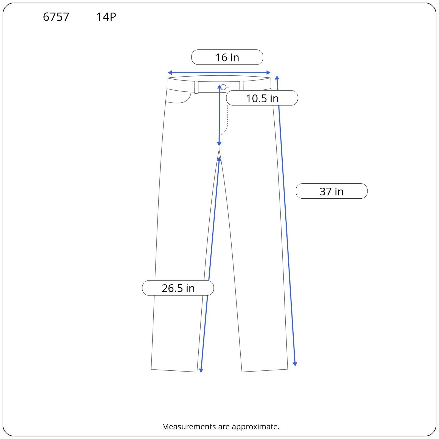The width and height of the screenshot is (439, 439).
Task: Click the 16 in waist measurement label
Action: [x=227, y=57]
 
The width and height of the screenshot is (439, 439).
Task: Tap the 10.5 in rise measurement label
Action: [x=262, y=98]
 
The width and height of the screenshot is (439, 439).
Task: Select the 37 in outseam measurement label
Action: [x=331, y=191]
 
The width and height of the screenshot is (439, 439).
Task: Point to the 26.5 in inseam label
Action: [x=178, y=288]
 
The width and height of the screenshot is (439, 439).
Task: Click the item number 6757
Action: [x=56, y=17]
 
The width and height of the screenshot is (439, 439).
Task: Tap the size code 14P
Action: [x=106, y=17]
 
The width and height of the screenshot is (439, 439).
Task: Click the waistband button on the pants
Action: [x=223, y=87]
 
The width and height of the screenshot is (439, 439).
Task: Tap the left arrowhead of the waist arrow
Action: [x=170, y=73]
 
